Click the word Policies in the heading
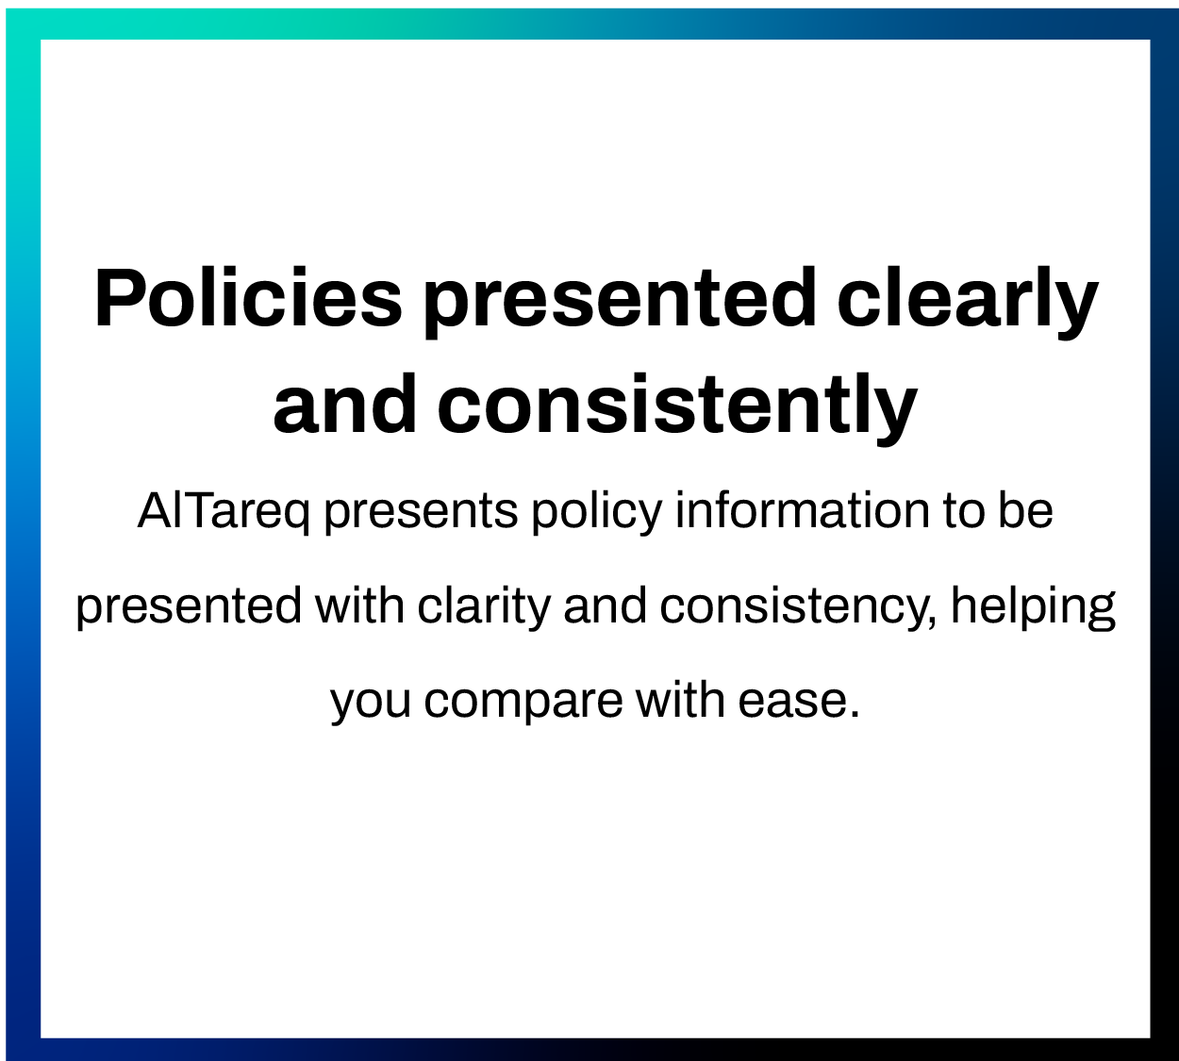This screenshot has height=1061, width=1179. [x=248, y=297]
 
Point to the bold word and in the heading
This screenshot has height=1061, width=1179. [x=345, y=404]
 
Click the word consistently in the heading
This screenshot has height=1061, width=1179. [x=677, y=408]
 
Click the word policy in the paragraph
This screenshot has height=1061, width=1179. [x=597, y=513]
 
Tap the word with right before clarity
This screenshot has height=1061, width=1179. [x=359, y=605]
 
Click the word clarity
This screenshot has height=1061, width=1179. [x=484, y=607]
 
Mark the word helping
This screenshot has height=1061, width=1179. [x=1033, y=607]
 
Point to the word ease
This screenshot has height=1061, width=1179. [x=799, y=703]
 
